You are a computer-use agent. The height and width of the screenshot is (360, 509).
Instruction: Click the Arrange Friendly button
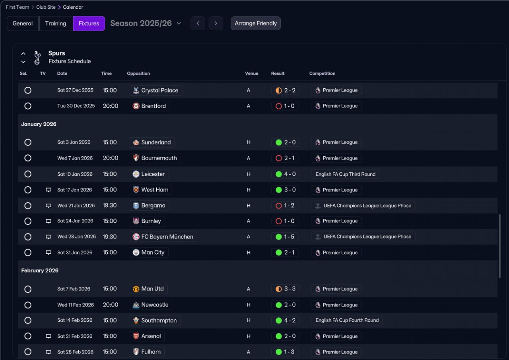256,23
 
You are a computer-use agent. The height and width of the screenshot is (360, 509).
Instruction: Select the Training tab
55,23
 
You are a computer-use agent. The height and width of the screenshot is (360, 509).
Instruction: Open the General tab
23,23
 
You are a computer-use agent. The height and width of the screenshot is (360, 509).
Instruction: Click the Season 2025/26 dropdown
146,23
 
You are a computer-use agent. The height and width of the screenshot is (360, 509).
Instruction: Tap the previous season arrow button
198,23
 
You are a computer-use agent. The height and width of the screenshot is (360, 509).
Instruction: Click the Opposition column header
138,74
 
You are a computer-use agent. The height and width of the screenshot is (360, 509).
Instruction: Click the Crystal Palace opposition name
160,90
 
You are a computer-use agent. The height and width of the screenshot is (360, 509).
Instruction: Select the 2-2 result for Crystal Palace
285,90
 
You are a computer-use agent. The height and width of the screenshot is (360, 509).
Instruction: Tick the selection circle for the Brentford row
28,106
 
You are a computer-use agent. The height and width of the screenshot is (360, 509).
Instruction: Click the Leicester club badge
136,174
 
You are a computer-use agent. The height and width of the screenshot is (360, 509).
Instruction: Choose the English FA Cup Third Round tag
345,174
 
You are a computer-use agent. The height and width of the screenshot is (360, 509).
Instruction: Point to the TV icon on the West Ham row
49,190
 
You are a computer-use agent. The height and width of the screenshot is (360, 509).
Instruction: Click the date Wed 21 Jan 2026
76,206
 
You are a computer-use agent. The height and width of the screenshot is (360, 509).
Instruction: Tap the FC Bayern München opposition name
167,237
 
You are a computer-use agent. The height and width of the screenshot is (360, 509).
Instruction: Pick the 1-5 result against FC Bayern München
285,237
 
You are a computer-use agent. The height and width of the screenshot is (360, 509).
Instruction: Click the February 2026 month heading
40,270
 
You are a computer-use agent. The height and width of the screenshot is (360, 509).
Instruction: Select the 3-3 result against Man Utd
285,289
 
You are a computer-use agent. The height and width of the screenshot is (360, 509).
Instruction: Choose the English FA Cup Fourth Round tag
347,321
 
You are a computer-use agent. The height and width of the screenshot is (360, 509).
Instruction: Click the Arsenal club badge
136,336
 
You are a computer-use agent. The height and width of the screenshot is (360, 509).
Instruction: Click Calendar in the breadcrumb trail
73,7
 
